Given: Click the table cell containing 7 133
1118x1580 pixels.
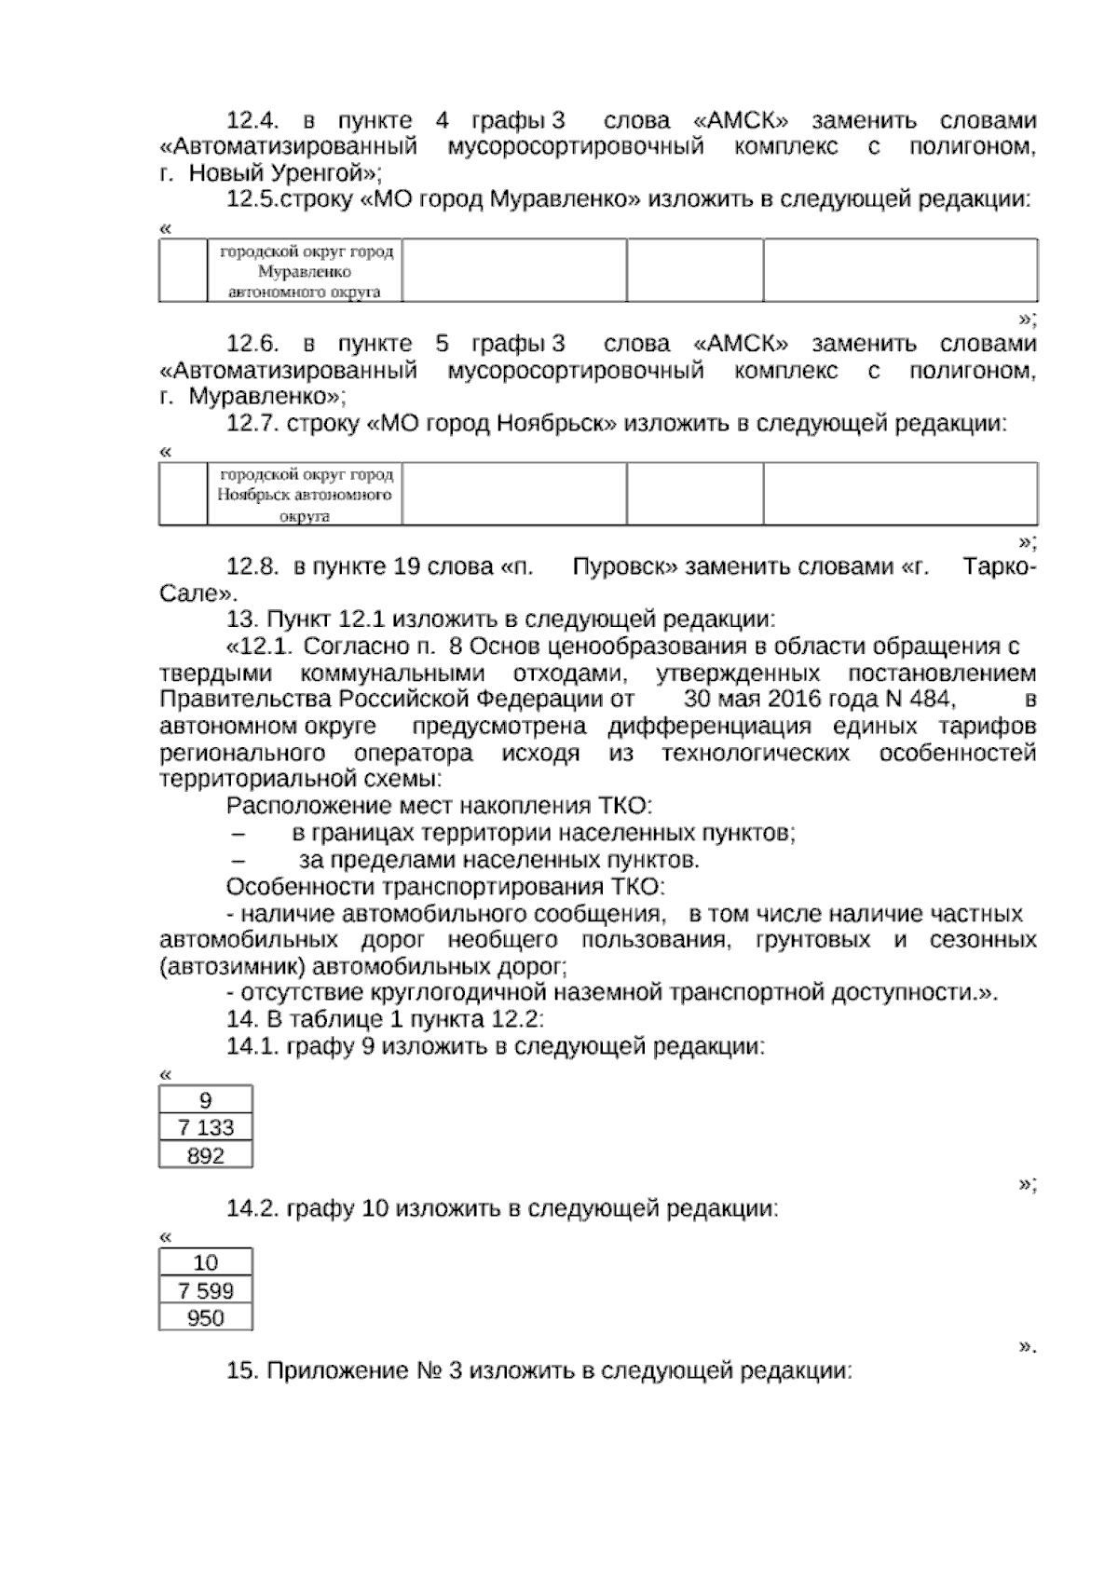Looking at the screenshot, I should click(x=206, y=1127).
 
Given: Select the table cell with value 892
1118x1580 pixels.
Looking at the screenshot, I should click(x=206, y=1155).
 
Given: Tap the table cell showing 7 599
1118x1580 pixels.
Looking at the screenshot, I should click(x=206, y=1290).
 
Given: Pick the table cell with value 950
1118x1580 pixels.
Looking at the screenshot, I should click(x=206, y=1317).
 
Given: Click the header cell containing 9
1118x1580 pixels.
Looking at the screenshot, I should click(x=206, y=1100).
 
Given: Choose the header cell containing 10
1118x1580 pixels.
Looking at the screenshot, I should click(x=206, y=1262).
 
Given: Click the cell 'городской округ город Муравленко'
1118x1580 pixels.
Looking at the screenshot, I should click(x=306, y=271).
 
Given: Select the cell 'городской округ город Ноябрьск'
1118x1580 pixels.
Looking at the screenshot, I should click(x=306, y=494).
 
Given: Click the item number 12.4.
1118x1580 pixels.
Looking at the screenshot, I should click(x=254, y=121).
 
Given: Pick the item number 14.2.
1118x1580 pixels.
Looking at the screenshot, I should click(x=253, y=1209).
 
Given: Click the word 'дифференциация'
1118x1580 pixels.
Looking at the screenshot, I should click(x=710, y=727).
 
